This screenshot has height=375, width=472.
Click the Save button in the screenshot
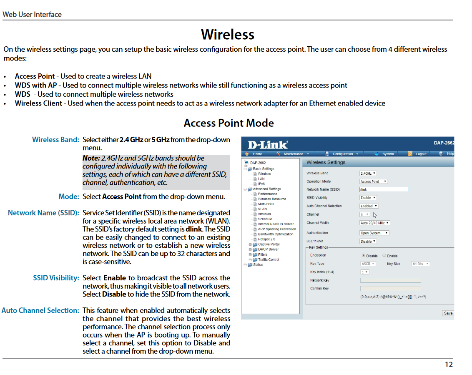448,313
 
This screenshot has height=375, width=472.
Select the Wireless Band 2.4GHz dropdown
368,173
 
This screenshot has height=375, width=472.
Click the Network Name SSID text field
383,189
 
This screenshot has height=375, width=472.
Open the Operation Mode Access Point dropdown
374,181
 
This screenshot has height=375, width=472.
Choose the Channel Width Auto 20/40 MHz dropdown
375,223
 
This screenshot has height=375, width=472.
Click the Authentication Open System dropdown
374,233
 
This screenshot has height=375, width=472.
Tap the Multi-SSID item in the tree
266,204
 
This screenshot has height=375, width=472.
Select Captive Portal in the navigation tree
269,244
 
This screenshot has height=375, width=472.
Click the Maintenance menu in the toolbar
294,154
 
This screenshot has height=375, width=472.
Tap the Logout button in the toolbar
421,154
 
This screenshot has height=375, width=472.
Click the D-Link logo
268,145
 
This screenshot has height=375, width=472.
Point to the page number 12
448,364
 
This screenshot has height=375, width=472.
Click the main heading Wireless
228,34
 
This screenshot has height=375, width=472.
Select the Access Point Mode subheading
228,123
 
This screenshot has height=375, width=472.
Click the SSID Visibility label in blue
56,278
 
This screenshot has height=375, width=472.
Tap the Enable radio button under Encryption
385,256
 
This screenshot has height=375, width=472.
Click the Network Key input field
390,280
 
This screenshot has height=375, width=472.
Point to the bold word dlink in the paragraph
194,229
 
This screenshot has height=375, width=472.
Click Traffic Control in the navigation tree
269,259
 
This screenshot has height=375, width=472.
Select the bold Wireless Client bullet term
38,103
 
